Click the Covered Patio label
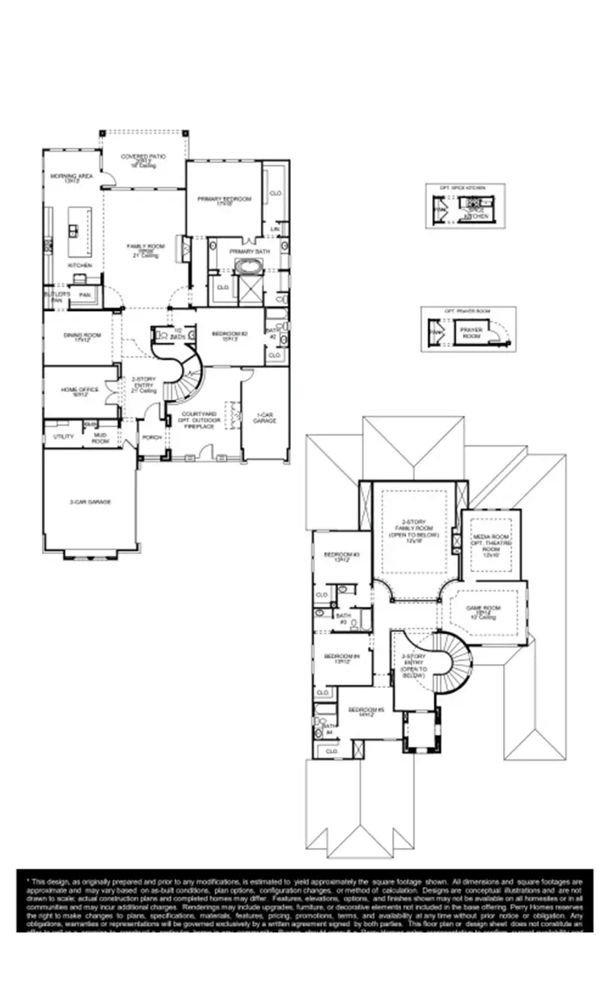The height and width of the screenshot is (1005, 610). tap(143, 157)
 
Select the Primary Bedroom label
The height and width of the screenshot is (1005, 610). tap(224, 199)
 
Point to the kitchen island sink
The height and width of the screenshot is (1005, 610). tap(75, 227)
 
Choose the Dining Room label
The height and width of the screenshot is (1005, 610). tap(81, 335)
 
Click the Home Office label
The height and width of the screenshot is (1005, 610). tap(80, 390)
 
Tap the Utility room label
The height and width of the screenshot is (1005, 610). tap(64, 436)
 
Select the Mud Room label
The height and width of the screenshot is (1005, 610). tap(100, 438)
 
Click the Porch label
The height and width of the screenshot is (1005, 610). tap(152, 437)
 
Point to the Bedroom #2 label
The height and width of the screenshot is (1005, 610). tap(229, 334)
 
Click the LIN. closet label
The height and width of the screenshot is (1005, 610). tap(275, 229)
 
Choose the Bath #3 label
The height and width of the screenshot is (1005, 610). tap(343, 618)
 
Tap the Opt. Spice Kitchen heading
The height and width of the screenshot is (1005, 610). tap(465, 188)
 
